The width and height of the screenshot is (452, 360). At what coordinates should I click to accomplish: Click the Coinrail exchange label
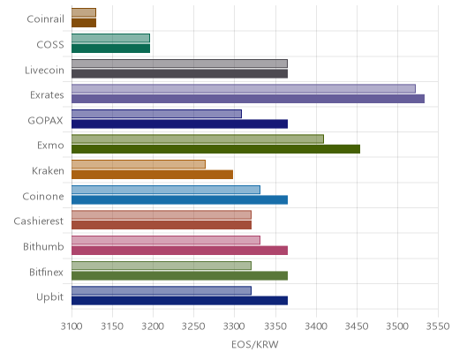pos(45,19)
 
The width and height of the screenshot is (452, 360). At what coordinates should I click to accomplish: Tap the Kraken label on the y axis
pos(48,171)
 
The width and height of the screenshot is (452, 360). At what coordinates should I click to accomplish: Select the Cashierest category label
pos(39,221)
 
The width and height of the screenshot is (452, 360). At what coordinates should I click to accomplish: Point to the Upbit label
pos(49,297)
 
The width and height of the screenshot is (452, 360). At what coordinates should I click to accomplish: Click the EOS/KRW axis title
pos(255,345)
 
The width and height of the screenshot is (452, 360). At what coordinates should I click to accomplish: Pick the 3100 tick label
pos(72,326)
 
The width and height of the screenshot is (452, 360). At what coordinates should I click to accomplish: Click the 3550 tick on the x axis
pos(439,326)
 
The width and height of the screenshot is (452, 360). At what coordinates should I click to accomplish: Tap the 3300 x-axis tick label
pos(235,326)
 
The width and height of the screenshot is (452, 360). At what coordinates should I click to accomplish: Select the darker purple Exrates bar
pos(248,99)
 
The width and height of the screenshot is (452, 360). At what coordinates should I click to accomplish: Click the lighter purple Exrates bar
pos(244,88)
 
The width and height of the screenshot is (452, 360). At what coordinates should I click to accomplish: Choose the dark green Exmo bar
pos(215,149)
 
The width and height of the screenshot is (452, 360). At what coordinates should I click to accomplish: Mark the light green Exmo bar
pos(198,139)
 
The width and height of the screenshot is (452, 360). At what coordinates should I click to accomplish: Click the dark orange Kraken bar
pos(152,175)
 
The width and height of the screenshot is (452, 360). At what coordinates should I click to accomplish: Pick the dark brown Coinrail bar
pos(84,23)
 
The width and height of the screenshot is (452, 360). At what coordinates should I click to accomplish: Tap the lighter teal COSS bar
pos(110,38)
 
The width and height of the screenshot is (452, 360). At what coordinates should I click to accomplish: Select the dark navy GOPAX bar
pos(179,124)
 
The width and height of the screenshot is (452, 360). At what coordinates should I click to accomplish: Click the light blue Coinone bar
pos(166,190)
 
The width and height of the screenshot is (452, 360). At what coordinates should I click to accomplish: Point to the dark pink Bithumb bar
pos(179,251)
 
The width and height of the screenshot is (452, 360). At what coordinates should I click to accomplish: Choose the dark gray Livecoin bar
pos(179,73)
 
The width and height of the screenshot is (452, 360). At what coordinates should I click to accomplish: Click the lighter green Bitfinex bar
pos(162,266)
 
